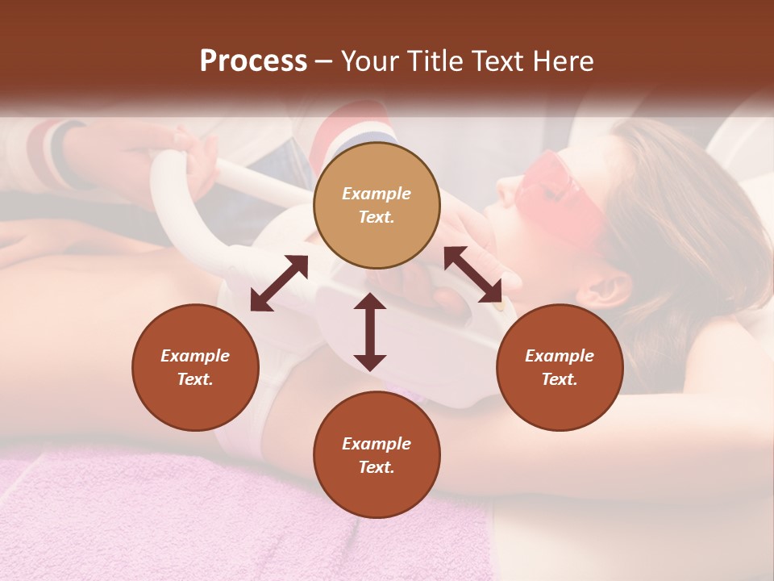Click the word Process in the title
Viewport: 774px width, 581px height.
coord(253,61)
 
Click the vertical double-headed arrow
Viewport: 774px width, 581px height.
coord(370,332)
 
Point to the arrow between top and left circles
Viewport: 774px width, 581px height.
coord(279,283)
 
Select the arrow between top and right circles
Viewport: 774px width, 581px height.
coord(472,275)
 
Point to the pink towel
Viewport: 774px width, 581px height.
coord(161,516)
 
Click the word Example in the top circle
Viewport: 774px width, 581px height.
coord(377,194)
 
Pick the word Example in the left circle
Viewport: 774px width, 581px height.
coord(195,356)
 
